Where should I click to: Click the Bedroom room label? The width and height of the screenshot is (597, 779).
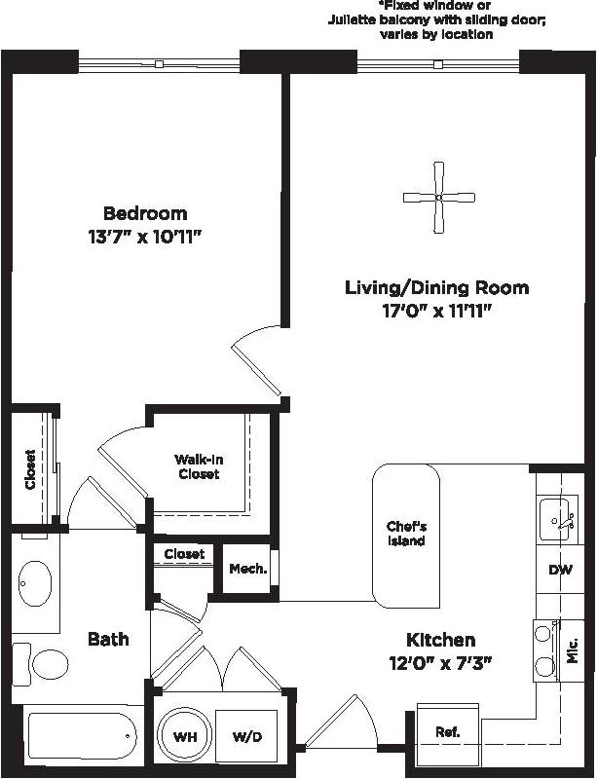click(145, 213)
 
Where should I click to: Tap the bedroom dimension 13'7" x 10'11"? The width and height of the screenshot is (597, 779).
click(145, 236)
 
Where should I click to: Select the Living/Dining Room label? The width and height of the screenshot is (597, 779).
click(436, 287)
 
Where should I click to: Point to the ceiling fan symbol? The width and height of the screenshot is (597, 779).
click(438, 198)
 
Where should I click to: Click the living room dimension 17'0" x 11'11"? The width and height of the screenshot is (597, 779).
click(436, 311)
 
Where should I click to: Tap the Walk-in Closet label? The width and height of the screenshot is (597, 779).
click(198, 466)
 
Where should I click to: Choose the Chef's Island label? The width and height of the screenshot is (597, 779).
click(405, 534)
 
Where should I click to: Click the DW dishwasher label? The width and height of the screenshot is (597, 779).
click(560, 571)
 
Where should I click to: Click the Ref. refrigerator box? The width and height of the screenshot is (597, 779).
click(448, 731)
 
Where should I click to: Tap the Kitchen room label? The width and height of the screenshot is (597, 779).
click(441, 640)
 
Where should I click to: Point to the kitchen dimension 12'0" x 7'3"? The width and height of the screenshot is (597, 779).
click(441, 663)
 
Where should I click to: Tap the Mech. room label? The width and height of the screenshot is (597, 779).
click(247, 569)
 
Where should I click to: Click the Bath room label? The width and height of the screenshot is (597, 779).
click(108, 639)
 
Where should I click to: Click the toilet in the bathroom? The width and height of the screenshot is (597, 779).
click(44, 664)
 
